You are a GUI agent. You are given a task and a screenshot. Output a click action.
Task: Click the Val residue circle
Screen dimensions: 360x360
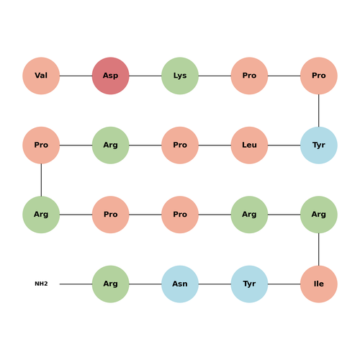pos(41,76)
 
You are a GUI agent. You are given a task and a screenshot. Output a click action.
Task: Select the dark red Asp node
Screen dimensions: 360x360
pos(111,76)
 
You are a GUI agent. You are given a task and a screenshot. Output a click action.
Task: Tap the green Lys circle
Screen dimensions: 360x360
pos(180,76)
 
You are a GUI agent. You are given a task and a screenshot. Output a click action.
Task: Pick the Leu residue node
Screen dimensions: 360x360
pos(249,145)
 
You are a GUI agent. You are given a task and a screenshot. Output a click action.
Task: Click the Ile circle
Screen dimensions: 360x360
pos(319,284)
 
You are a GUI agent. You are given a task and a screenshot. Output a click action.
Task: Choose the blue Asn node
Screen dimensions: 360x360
pos(180,284)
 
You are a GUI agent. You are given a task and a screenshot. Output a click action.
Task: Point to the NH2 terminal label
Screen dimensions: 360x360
pos(41,284)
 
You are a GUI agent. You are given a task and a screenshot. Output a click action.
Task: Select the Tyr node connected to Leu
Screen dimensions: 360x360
pos(319,145)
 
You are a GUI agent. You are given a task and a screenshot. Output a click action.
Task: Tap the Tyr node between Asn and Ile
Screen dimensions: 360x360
pos(249,284)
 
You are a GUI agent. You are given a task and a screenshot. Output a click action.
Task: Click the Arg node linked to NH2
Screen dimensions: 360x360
pos(111,284)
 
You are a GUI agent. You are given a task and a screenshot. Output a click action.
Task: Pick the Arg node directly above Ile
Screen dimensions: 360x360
pos(319,215)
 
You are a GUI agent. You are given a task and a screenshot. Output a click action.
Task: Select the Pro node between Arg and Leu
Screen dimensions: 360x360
pos(180,145)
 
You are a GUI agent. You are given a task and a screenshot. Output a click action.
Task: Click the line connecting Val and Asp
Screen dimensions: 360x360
pos(76,76)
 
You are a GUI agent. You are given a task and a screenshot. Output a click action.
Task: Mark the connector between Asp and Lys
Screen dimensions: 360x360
pos(145,76)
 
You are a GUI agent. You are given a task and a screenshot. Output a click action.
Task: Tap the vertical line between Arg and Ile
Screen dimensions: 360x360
pos(319,249)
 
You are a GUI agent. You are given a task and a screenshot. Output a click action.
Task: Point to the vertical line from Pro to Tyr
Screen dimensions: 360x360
pos(319,111)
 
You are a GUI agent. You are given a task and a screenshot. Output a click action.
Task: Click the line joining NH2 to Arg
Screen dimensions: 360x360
pos(76,284)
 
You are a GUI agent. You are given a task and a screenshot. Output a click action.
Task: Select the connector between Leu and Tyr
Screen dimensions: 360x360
pos(284,145)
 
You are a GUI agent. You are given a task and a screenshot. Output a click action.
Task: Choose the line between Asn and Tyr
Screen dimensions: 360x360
pos(215,284)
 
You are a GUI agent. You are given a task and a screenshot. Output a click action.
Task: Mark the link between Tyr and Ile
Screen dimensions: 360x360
pos(284,284)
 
